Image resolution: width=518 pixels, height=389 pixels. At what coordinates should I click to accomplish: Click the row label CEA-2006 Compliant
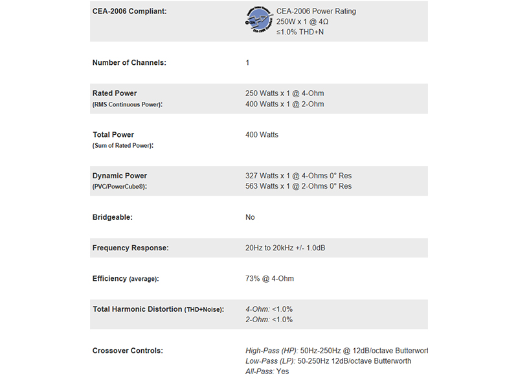[x=129, y=11]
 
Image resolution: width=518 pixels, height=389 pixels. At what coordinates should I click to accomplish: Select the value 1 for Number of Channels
[x=247, y=63]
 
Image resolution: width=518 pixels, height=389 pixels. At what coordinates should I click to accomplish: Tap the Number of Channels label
[x=129, y=63]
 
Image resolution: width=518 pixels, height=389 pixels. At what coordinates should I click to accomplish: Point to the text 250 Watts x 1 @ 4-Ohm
[x=285, y=93]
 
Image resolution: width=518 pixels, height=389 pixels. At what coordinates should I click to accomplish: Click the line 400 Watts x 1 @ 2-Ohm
[x=285, y=104]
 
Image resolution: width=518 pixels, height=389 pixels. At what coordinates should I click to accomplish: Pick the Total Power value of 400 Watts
[x=262, y=135]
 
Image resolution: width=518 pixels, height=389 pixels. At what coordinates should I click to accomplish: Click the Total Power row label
[x=113, y=135]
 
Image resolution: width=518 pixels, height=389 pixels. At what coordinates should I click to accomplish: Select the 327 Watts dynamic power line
[x=298, y=176]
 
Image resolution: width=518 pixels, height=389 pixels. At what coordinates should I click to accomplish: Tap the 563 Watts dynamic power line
[x=298, y=186]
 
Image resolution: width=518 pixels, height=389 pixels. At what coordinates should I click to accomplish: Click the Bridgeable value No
[x=250, y=217]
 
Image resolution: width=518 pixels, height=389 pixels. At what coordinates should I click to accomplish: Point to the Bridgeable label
[x=113, y=217]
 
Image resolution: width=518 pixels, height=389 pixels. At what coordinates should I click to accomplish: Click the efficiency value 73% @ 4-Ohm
[x=269, y=279]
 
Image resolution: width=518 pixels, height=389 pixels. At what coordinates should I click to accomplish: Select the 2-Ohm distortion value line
[x=269, y=320]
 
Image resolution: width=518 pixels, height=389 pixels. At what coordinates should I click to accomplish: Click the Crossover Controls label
[x=128, y=351]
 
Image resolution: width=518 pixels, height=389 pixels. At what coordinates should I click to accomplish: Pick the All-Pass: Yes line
[x=267, y=371]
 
